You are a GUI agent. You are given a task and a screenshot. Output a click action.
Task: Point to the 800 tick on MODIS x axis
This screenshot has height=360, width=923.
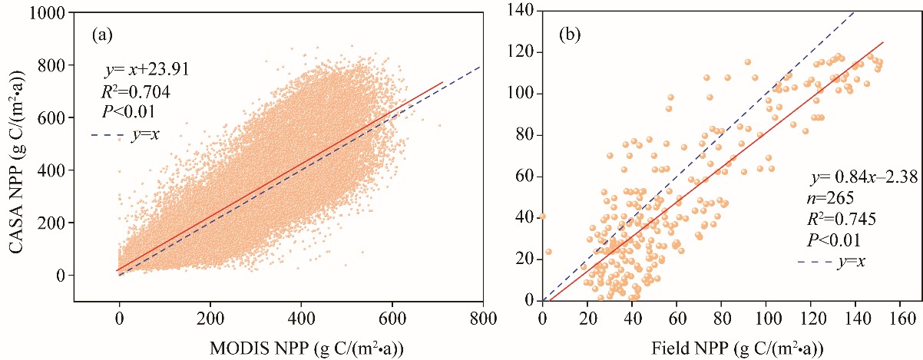tap(483, 317)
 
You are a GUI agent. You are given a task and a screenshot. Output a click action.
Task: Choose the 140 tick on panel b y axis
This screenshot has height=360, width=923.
tap(524, 11)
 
